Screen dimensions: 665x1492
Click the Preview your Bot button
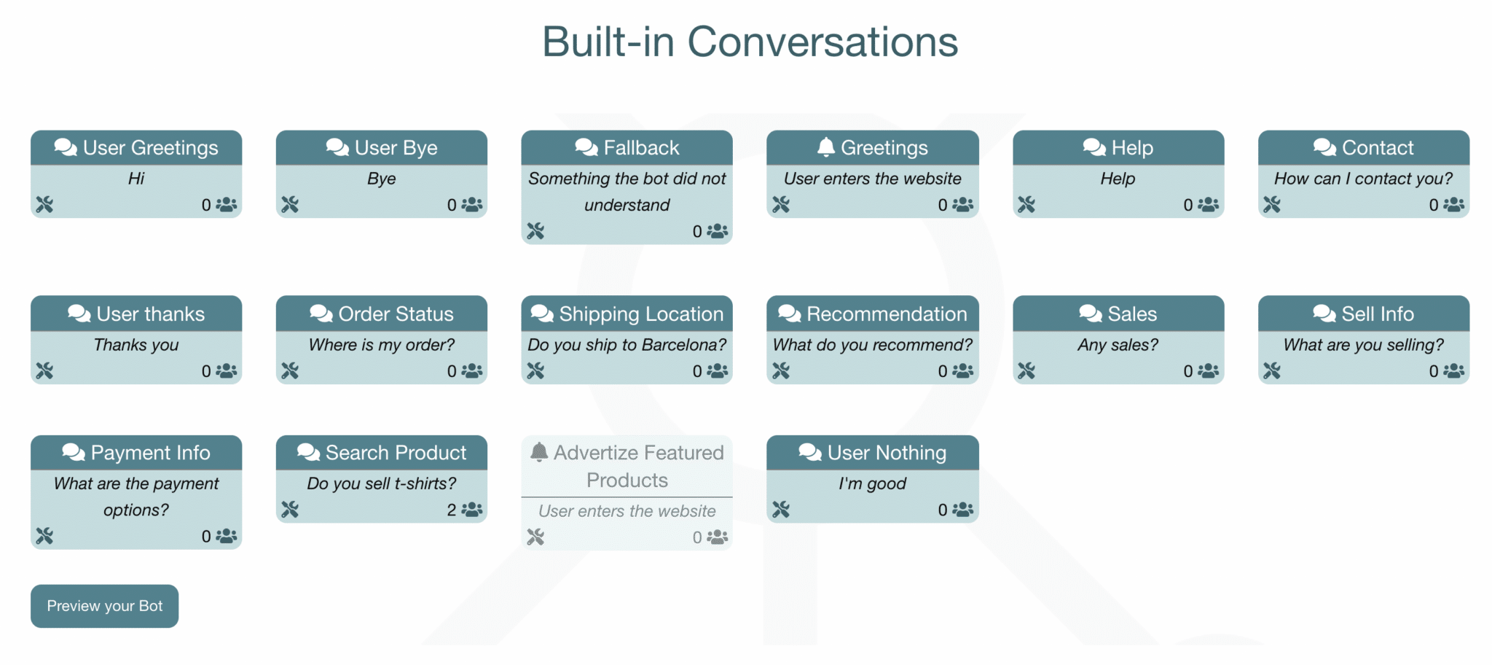point(104,606)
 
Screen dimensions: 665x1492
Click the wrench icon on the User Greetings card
point(44,205)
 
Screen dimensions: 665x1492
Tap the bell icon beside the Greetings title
point(825,147)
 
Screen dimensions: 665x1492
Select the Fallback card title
point(641,148)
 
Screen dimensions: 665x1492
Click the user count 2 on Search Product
point(452,510)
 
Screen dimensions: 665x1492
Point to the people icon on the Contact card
point(1454,205)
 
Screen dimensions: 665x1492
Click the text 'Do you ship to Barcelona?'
point(627,345)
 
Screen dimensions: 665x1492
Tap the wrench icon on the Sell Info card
point(1272,371)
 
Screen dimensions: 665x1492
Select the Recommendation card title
point(887,314)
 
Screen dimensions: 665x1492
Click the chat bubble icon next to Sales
point(1090,314)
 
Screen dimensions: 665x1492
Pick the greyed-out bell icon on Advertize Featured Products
point(539,452)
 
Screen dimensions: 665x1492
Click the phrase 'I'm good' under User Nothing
point(872,483)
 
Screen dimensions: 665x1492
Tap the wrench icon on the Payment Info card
point(44,537)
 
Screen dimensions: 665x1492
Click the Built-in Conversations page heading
point(750,42)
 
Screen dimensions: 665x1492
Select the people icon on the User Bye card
point(472,205)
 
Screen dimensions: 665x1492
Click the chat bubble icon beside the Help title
point(1094,147)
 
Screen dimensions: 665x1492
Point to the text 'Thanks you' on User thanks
point(136,345)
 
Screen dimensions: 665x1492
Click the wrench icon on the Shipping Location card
point(535,371)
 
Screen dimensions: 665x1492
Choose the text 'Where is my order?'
point(381,345)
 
